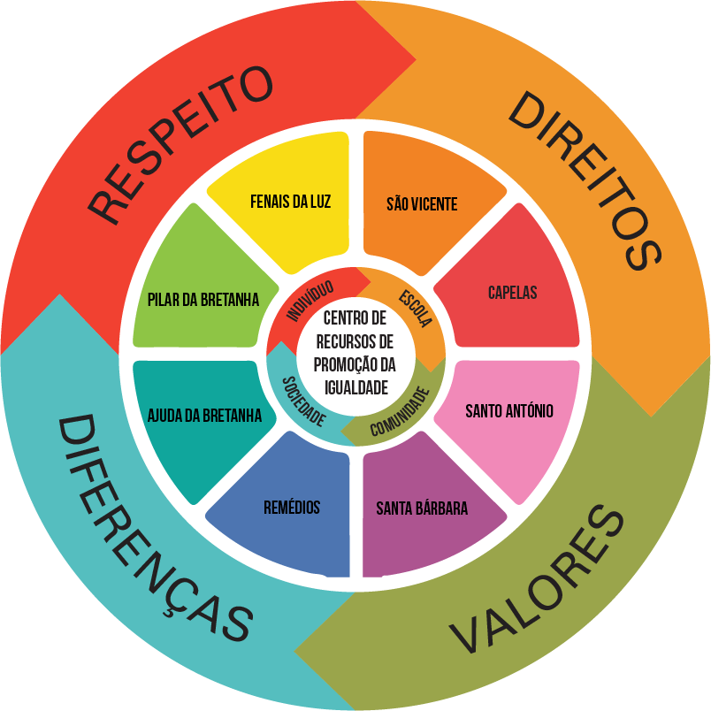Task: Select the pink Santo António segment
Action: tap(509, 411)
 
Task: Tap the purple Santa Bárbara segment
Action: tap(422, 508)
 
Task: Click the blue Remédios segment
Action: tap(291, 508)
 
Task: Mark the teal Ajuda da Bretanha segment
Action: tap(204, 414)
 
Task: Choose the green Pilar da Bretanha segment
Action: tap(203, 300)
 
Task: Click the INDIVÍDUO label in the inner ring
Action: tap(309, 302)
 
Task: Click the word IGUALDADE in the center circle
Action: tap(356, 386)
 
